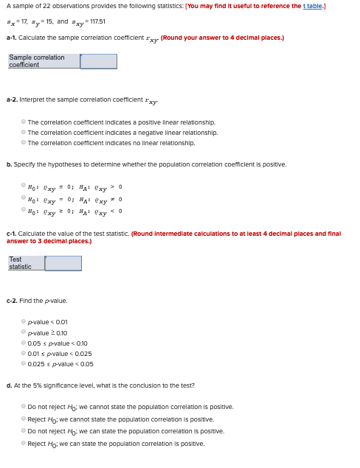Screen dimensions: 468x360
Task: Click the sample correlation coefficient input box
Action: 99,61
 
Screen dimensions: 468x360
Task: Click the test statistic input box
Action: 63,263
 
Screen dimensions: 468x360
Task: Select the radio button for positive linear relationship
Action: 24,122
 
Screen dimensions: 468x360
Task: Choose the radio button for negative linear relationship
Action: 24,132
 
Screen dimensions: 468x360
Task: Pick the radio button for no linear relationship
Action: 24,142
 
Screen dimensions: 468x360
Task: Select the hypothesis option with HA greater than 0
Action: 24,186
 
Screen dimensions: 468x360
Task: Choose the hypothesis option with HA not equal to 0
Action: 24,199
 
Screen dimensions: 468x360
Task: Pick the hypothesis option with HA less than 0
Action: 24,212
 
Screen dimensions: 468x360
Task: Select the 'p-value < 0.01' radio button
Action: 24,322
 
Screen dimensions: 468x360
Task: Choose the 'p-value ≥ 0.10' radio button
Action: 24,332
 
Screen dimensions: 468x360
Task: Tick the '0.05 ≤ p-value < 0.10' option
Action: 24,343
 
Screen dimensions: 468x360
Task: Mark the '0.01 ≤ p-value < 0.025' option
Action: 24,353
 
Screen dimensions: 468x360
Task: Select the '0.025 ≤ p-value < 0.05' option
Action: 24,363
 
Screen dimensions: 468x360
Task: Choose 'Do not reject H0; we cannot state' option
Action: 24,406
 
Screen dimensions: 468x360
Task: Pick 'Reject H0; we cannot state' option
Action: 24,419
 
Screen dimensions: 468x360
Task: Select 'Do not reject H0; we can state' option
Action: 24,430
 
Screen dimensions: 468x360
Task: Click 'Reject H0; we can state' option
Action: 24,443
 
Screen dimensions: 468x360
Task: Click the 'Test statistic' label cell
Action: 25,263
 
